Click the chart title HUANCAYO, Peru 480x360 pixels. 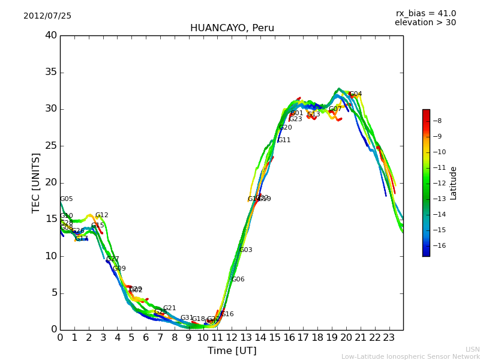click(232, 28)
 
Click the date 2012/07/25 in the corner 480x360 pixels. click(47, 16)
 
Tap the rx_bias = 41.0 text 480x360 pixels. click(425, 14)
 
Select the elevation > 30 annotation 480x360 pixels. click(425, 23)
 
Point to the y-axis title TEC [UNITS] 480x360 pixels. click(37, 182)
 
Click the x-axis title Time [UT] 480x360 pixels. click(232, 351)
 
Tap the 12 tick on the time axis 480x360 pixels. click(232, 337)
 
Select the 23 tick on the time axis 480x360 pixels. click(389, 337)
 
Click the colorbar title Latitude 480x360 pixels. click(454, 183)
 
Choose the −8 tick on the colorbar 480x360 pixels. click(437, 121)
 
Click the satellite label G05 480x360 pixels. click(66, 199)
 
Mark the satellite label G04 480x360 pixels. click(355, 94)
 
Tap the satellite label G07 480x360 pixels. click(335, 109)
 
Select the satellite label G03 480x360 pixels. click(245, 250)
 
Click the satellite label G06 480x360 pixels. click(238, 280)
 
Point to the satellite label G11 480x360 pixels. click(284, 140)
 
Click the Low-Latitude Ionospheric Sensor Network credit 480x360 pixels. click(410, 356)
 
